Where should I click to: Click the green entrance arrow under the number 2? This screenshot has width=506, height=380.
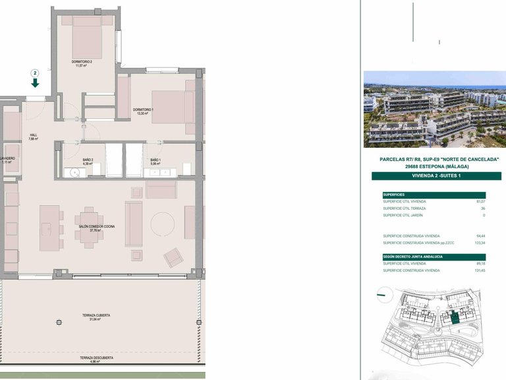[35, 83]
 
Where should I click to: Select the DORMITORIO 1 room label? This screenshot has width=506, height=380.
[143, 110]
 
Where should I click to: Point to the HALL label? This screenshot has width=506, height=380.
[33, 136]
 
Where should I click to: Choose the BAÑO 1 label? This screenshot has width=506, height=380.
[155, 160]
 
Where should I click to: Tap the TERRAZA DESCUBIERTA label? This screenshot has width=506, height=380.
[96, 358]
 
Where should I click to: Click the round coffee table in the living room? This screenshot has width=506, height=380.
[163, 224]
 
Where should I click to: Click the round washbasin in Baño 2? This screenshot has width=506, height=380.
[75, 173]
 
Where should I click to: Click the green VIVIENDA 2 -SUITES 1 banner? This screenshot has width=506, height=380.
[436, 176]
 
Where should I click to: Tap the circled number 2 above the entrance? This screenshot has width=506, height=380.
[35, 73]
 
